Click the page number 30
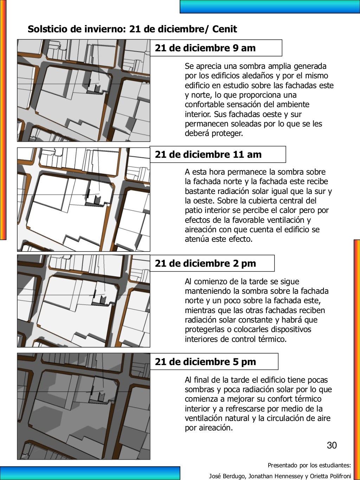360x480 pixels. (332, 445)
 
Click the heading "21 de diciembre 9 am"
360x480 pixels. (205, 48)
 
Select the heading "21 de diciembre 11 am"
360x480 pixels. (208, 155)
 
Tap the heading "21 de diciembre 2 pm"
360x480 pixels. (205, 264)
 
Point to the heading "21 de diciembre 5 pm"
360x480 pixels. (205, 362)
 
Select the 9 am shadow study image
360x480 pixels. (84, 90)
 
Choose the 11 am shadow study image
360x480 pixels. (84, 199)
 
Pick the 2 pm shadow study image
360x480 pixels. (84, 301)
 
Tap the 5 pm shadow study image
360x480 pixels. (84, 406)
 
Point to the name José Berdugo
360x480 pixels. (227, 476)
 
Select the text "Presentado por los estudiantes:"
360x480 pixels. (309, 465)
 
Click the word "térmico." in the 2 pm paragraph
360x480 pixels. (272, 339)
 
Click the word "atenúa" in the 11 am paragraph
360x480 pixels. (197, 239)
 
